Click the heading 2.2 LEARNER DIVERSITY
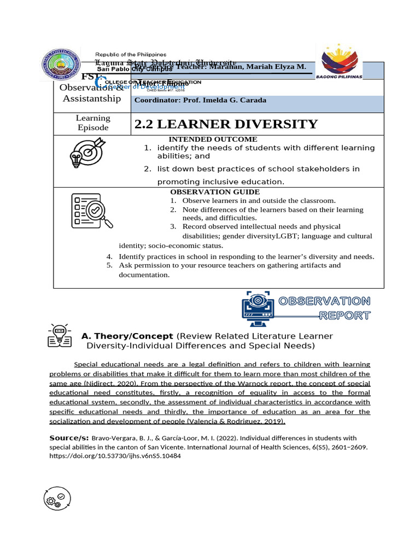pos(226,124)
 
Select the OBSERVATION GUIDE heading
pos(215,192)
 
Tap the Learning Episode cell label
pos(93,123)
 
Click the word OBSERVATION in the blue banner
pos(324,301)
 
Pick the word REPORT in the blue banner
pos(345,316)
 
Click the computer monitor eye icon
pos(257,306)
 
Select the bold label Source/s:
pos(69,438)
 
